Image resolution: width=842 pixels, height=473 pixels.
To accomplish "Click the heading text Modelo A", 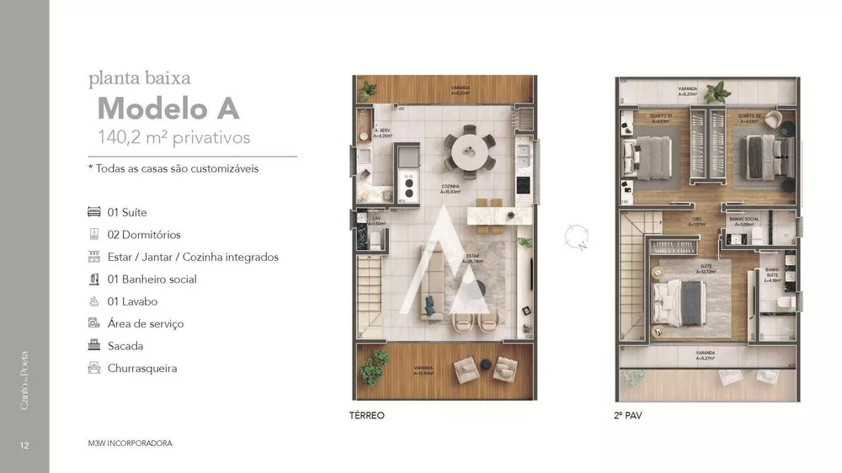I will point(168,109).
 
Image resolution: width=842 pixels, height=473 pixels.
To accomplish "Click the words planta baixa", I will point(140,79).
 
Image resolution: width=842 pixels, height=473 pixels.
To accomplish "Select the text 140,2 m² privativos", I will point(174,137).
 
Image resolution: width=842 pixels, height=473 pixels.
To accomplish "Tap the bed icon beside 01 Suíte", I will point(93,212).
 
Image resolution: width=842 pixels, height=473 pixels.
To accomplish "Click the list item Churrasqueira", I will point(142,368).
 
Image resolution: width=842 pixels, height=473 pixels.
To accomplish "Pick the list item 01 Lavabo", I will point(132,301).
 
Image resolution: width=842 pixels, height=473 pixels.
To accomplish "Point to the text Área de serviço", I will point(146,323).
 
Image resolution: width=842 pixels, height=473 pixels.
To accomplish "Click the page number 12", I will point(24,444).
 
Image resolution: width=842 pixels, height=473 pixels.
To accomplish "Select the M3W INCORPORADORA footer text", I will point(131,443).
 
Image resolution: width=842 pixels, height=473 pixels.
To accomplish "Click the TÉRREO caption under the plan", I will point(366,415).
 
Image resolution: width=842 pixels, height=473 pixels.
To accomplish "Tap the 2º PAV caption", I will point(628,415).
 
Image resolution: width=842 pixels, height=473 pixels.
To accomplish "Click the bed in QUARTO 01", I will point(646,153).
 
